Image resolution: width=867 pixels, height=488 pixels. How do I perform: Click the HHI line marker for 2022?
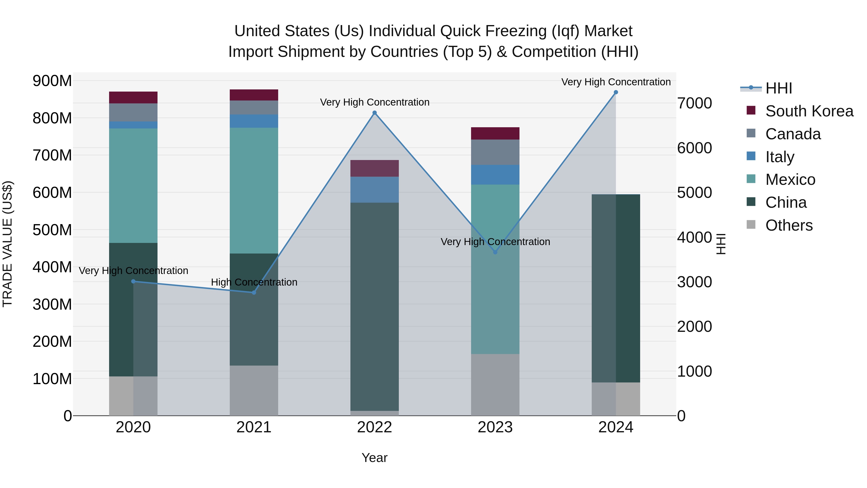pyautogui.click(x=374, y=113)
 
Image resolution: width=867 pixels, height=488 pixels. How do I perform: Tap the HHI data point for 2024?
pyautogui.click(x=616, y=92)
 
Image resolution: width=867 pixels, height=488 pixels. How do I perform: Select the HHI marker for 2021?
pyautogui.click(x=254, y=292)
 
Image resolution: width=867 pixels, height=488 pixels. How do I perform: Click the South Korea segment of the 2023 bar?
pyautogui.click(x=495, y=133)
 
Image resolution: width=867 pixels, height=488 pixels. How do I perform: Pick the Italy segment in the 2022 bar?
pyautogui.click(x=374, y=190)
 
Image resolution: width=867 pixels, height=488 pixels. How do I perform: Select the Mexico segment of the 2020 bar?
pyautogui.click(x=133, y=185)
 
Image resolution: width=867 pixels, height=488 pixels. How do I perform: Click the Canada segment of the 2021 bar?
pyautogui.click(x=254, y=107)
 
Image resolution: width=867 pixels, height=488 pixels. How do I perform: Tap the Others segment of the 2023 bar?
pyautogui.click(x=495, y=385)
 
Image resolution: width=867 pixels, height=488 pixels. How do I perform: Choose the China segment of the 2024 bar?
pyautogui.click(x=616, y=288)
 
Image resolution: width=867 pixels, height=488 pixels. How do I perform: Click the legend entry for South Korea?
pyautogui.click(x=809, y=111)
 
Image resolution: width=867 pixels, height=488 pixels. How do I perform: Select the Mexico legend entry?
pyautogui.click(x=790, y=180)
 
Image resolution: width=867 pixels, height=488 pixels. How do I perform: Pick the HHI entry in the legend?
pyautogui.click(x=778, y=88)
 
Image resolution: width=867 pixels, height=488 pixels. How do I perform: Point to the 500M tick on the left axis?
pyautogui.click(x=52, y=230)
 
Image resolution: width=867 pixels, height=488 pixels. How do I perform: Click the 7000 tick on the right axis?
pyautogui.click(x=694, y=103)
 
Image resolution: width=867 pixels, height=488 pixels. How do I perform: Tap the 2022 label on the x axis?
pyautogui.click(x=374, y=427)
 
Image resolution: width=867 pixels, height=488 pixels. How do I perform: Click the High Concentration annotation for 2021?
pyautogui.click(x=254, y=282)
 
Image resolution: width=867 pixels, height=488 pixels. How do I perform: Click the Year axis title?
pyautogui.click(x=374, y=458)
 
